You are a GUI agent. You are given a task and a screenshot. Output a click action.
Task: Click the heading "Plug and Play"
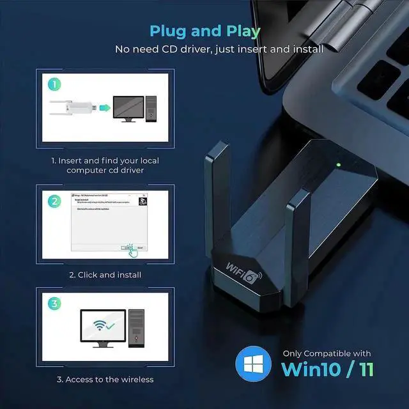204,31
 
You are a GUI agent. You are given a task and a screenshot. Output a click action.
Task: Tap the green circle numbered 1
54,83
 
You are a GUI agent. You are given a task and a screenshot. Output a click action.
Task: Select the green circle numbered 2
54,200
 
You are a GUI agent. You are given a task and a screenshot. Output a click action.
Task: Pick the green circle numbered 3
54,304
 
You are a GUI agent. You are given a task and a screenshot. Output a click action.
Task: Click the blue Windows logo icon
253,363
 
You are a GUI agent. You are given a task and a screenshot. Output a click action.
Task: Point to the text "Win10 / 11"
327,369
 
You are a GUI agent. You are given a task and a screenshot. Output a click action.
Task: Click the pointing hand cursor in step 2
132,250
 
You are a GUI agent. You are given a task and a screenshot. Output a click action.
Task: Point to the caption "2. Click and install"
105,275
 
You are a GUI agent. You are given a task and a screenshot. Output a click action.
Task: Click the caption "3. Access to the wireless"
105,380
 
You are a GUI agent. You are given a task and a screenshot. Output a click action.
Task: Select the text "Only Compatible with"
327,353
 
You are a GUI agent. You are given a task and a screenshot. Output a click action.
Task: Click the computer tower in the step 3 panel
136,328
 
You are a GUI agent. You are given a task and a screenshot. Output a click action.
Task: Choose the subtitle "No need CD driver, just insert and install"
219,49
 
